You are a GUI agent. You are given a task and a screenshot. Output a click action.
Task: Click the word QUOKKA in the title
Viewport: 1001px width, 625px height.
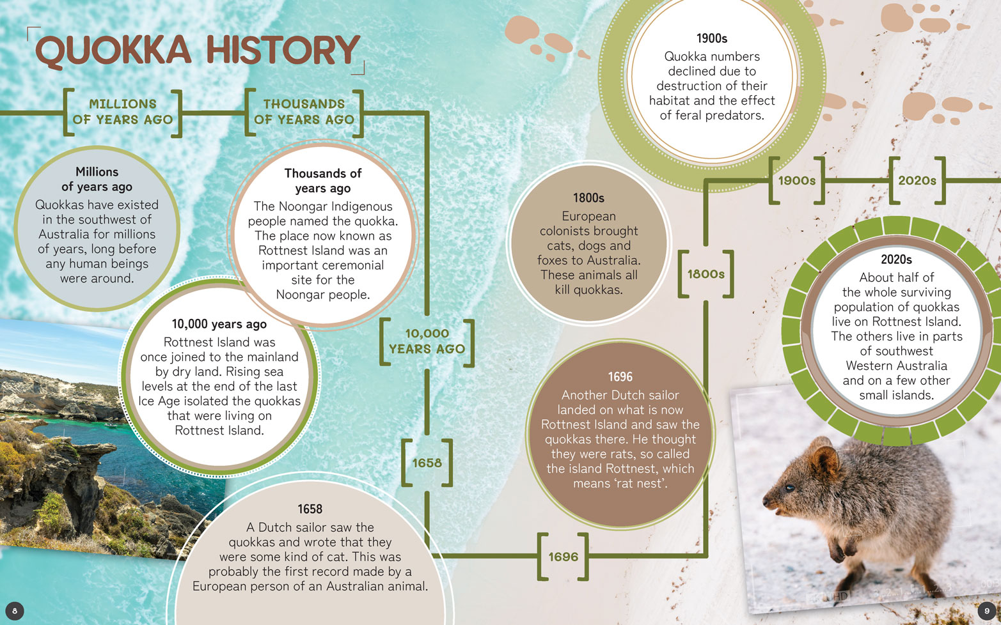[x=113, y=51]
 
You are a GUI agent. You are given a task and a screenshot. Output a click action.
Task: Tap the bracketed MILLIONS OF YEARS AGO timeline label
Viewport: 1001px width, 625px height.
[x=122, y=112]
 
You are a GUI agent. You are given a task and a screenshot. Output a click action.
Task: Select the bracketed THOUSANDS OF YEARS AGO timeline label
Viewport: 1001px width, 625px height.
[x=304, y=112]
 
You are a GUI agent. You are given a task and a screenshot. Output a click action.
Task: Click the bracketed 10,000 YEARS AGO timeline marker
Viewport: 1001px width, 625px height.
[x=427, y=341]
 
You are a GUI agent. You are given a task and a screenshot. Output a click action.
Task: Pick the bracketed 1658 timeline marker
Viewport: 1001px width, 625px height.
[x=427, y=463]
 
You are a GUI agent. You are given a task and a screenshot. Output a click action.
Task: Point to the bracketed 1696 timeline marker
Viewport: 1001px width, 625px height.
[x=563, y=557]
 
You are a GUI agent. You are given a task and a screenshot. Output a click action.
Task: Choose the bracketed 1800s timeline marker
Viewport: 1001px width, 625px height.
[x=705, y=274]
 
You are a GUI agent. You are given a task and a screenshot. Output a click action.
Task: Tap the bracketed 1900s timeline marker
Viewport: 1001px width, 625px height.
[x=797, y=181]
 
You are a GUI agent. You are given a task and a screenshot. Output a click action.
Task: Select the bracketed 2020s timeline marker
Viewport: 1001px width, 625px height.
[x=917, y=181]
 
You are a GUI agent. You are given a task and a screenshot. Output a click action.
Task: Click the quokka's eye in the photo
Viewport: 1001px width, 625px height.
[x=790, y=488]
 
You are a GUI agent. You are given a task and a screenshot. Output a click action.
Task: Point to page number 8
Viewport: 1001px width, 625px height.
[x=14, y=611]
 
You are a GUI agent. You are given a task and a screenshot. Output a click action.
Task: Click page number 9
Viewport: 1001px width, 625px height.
[x=987, y=611]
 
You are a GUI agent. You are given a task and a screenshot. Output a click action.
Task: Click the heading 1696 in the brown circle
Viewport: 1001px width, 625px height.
[x=620, y=377]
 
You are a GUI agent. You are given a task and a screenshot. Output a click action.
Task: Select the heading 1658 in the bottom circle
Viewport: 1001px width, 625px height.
[x=310, y=509]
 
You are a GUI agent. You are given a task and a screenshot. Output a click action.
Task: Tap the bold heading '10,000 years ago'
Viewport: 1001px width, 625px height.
[x=219, y=324]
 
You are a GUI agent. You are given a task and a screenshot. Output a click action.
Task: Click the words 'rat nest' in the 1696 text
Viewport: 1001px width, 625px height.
[x=642, y=484]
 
